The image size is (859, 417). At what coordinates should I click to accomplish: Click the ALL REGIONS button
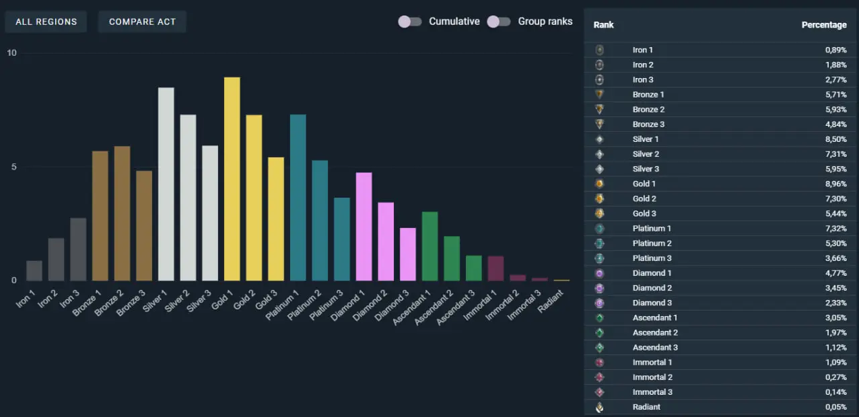46,22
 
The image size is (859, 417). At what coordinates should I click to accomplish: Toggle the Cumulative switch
409,22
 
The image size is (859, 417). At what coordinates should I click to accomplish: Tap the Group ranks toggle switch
498,22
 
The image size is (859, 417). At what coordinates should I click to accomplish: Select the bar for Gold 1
232,179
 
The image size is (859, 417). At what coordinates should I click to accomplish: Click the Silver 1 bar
166,184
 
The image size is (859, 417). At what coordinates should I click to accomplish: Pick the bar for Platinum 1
298,198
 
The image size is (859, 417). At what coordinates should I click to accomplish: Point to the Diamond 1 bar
364,227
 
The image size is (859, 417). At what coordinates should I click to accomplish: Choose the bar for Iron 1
34,270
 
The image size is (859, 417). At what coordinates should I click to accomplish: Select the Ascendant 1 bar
429,246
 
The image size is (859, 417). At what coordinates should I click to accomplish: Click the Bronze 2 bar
122,213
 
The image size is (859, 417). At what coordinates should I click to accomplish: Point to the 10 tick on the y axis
11,53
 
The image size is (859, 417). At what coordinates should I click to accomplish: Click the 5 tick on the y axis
11,167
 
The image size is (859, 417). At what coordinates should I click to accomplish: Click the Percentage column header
823,25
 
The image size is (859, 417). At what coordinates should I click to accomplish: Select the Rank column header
603,25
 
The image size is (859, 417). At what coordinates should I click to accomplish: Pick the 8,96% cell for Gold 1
835,184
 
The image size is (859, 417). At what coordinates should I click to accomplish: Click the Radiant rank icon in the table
599,407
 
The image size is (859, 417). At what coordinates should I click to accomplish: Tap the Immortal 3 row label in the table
652,392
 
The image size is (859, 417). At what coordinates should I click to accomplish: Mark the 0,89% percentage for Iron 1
835,50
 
